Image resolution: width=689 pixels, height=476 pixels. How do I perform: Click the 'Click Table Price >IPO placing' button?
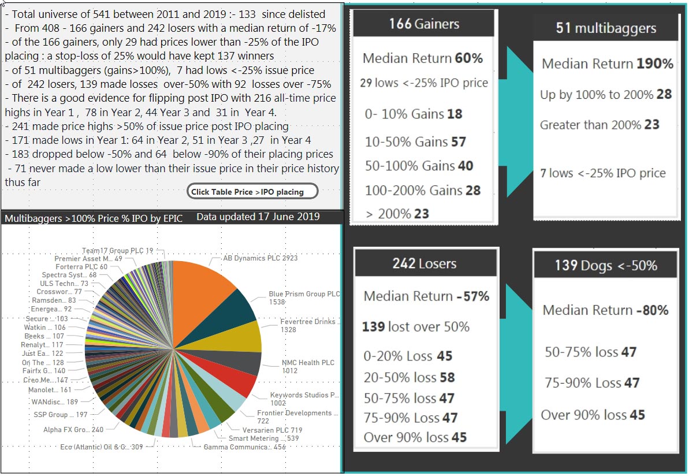(x=252, y=192)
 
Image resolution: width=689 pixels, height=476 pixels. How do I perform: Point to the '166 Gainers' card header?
(x=424, y=24)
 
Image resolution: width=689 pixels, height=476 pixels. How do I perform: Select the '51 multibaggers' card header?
(x=605, y=28)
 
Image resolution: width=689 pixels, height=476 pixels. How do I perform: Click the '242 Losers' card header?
(x=424, y=263)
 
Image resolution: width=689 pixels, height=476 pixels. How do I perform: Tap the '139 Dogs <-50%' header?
(x=605, y=265)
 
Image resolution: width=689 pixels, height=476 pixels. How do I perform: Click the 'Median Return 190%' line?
(x=607, y=64)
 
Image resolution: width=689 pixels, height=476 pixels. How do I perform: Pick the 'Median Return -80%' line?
(x=605, y=310)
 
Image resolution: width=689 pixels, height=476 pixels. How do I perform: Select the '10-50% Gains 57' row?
(x=415, y=142)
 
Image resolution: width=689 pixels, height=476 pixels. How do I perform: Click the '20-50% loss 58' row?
(x=409, y=377)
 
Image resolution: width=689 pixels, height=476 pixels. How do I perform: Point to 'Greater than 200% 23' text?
(x=599, y=124)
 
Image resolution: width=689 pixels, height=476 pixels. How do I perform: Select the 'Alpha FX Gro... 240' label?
(x=73, y=430)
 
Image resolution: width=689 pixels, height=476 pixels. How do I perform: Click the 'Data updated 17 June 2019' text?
(x=258, y=217)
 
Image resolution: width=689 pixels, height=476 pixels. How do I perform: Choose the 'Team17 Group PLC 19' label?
(x=117, y=251)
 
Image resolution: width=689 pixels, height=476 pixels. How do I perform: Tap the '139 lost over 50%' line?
(x=415, y=326)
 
